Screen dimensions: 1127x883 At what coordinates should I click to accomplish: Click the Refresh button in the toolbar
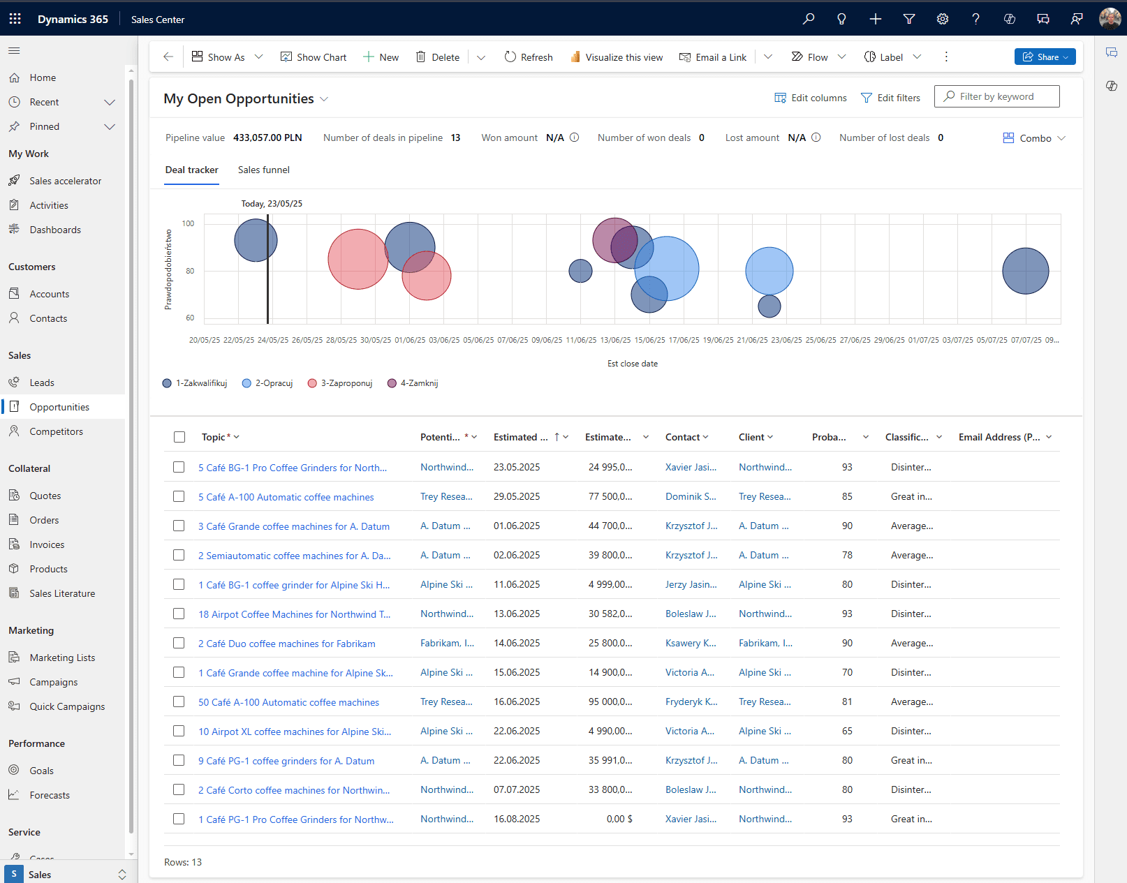pos(529,57)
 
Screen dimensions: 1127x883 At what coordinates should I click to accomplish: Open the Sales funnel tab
pos(263,170)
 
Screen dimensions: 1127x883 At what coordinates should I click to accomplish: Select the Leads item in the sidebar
pos(41,383)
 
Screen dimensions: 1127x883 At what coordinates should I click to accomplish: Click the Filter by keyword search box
pos(996,96)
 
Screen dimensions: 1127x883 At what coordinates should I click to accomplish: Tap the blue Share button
pos(1045,57)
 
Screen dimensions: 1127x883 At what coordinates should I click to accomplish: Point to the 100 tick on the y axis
pos(188,223)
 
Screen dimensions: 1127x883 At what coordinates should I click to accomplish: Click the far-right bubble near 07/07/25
pos(1025,271)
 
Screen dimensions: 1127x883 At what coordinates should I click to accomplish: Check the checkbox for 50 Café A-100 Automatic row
pos(179,702)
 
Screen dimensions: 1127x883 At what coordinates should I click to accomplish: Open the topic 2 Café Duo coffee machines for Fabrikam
pos(287,644)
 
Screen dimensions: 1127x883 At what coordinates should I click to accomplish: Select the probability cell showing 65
pos(847,731)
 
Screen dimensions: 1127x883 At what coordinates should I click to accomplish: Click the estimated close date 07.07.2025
pos(517,789)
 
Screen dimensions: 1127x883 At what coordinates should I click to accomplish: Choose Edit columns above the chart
pos(811,98)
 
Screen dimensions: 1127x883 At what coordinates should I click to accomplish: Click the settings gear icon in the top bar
pos(943,19)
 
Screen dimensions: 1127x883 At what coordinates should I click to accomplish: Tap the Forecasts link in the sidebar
pos(50,795)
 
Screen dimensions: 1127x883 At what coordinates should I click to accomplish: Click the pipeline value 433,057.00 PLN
pos(267,138)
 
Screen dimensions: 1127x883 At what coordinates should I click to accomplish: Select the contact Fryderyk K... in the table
pos(691,702)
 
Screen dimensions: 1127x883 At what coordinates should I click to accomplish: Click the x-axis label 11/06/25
pos(581,340)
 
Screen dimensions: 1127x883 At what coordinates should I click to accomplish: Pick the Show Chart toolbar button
pos(314,57)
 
